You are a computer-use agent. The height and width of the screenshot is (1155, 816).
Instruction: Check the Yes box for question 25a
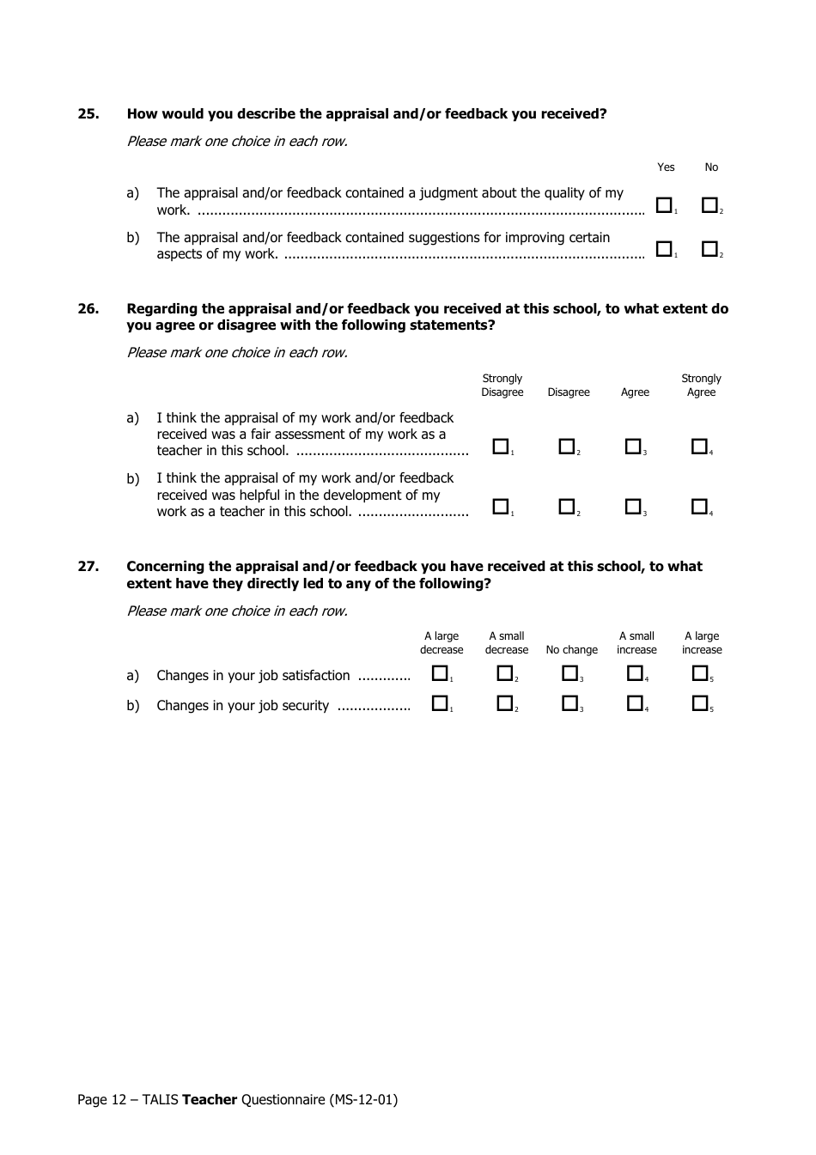click(x=664, y=205)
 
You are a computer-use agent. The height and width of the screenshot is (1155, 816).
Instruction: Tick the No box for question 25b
click(x=709, y=249)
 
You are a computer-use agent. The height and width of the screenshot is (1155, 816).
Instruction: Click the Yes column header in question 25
click(x=666, y=167)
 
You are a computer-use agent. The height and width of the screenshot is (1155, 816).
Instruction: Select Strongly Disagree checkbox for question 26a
click(x=500, y=447)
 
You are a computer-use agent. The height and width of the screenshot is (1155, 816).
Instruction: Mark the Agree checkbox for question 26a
click(x=633, y=447)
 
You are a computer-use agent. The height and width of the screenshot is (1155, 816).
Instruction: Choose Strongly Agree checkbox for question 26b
click(x=699, y=507)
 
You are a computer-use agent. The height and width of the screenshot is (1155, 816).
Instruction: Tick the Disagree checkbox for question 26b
click(x=566, y=507)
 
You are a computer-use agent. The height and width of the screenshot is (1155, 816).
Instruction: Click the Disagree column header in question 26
click(x=569, y=392)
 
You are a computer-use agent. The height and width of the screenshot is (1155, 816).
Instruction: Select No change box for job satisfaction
click(x=569, y=674)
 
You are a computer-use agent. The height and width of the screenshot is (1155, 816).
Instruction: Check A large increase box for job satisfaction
click(x=700, y=674)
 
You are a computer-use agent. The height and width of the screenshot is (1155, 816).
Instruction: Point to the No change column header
click(x=571, y=650)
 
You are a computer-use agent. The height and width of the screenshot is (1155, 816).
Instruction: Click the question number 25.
click(x=88, y=114)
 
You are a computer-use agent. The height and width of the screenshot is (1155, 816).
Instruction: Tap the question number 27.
click(x=88, y=567)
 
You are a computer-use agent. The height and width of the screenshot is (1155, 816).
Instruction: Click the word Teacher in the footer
click(x=210, y=1099)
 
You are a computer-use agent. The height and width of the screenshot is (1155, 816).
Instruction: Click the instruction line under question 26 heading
click(x=237, y=352)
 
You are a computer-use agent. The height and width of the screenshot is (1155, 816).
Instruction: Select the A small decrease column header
click(x=507, y=643)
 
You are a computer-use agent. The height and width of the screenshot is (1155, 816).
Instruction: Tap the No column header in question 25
click(x=711, y=167)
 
